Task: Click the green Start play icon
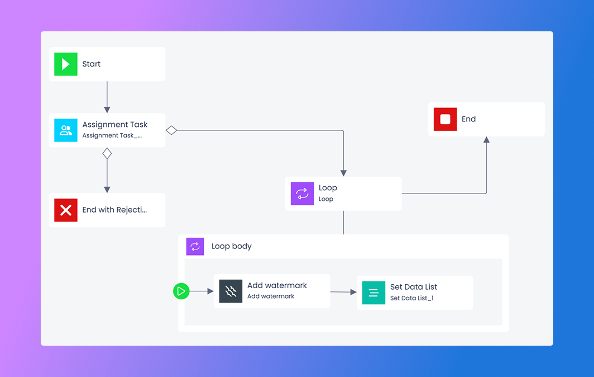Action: point(66,64)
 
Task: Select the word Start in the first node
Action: point(92,64)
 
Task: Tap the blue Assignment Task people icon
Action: point(66,130)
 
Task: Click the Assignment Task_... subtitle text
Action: point(112,135)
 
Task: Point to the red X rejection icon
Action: point(66,210)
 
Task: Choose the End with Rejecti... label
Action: point(115,210)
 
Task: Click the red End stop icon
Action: point(446,119)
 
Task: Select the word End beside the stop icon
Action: point(469,119)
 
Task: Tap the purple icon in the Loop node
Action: point(302,194)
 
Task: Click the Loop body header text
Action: point(232,246)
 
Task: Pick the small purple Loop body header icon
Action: point(195,246)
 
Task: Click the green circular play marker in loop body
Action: point(181,291)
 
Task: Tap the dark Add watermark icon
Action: point(231,291)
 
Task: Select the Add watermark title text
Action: point(277,285)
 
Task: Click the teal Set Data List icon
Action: point(374,293)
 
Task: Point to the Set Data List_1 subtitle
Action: point(412,298)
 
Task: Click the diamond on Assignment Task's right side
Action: point(171,130)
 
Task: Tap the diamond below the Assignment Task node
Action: point(107,153)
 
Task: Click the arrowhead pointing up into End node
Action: point(486,140)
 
